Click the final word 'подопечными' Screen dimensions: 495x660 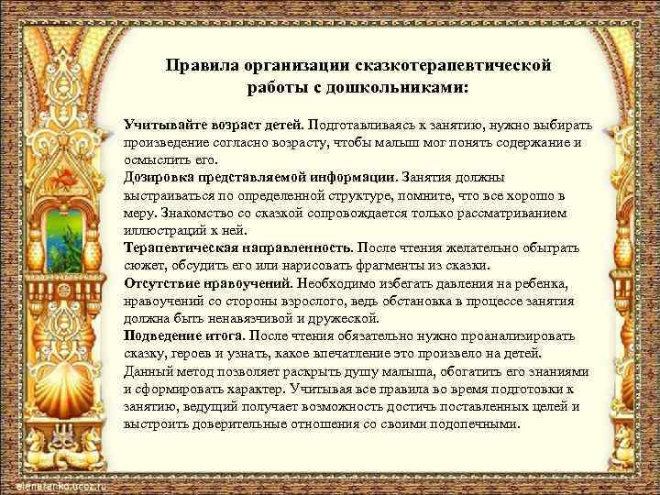(476, 424)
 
